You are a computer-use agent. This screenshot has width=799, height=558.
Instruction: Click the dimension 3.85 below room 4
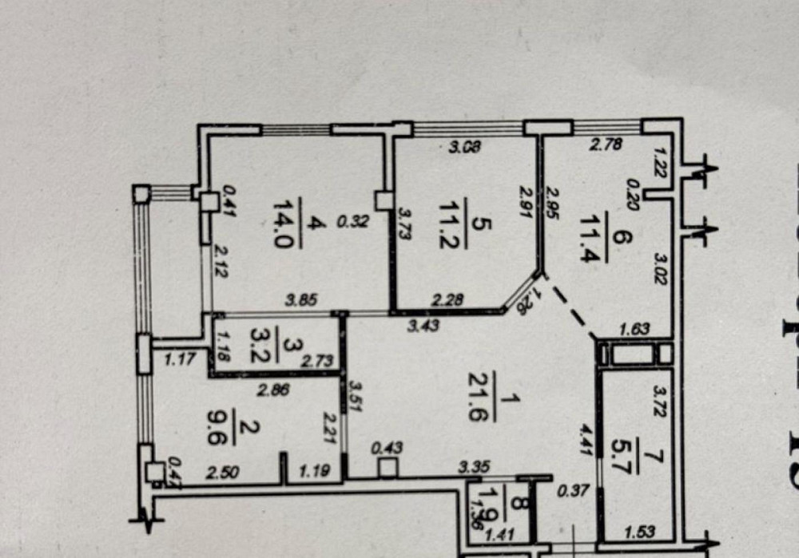[x=302, y=300]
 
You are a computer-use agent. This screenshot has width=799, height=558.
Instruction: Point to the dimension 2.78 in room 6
[x=605, y=144]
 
